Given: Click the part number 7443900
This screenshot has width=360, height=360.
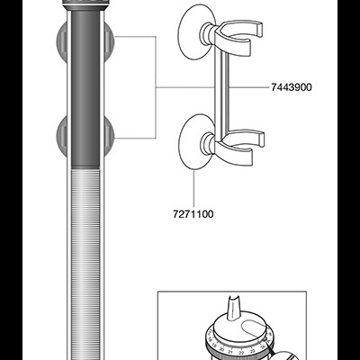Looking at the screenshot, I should tap(292, 87).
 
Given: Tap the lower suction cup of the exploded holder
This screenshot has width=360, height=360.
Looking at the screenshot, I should tap(192, 140).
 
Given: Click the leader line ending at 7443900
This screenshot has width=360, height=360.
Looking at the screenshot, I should tap(243, 87).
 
